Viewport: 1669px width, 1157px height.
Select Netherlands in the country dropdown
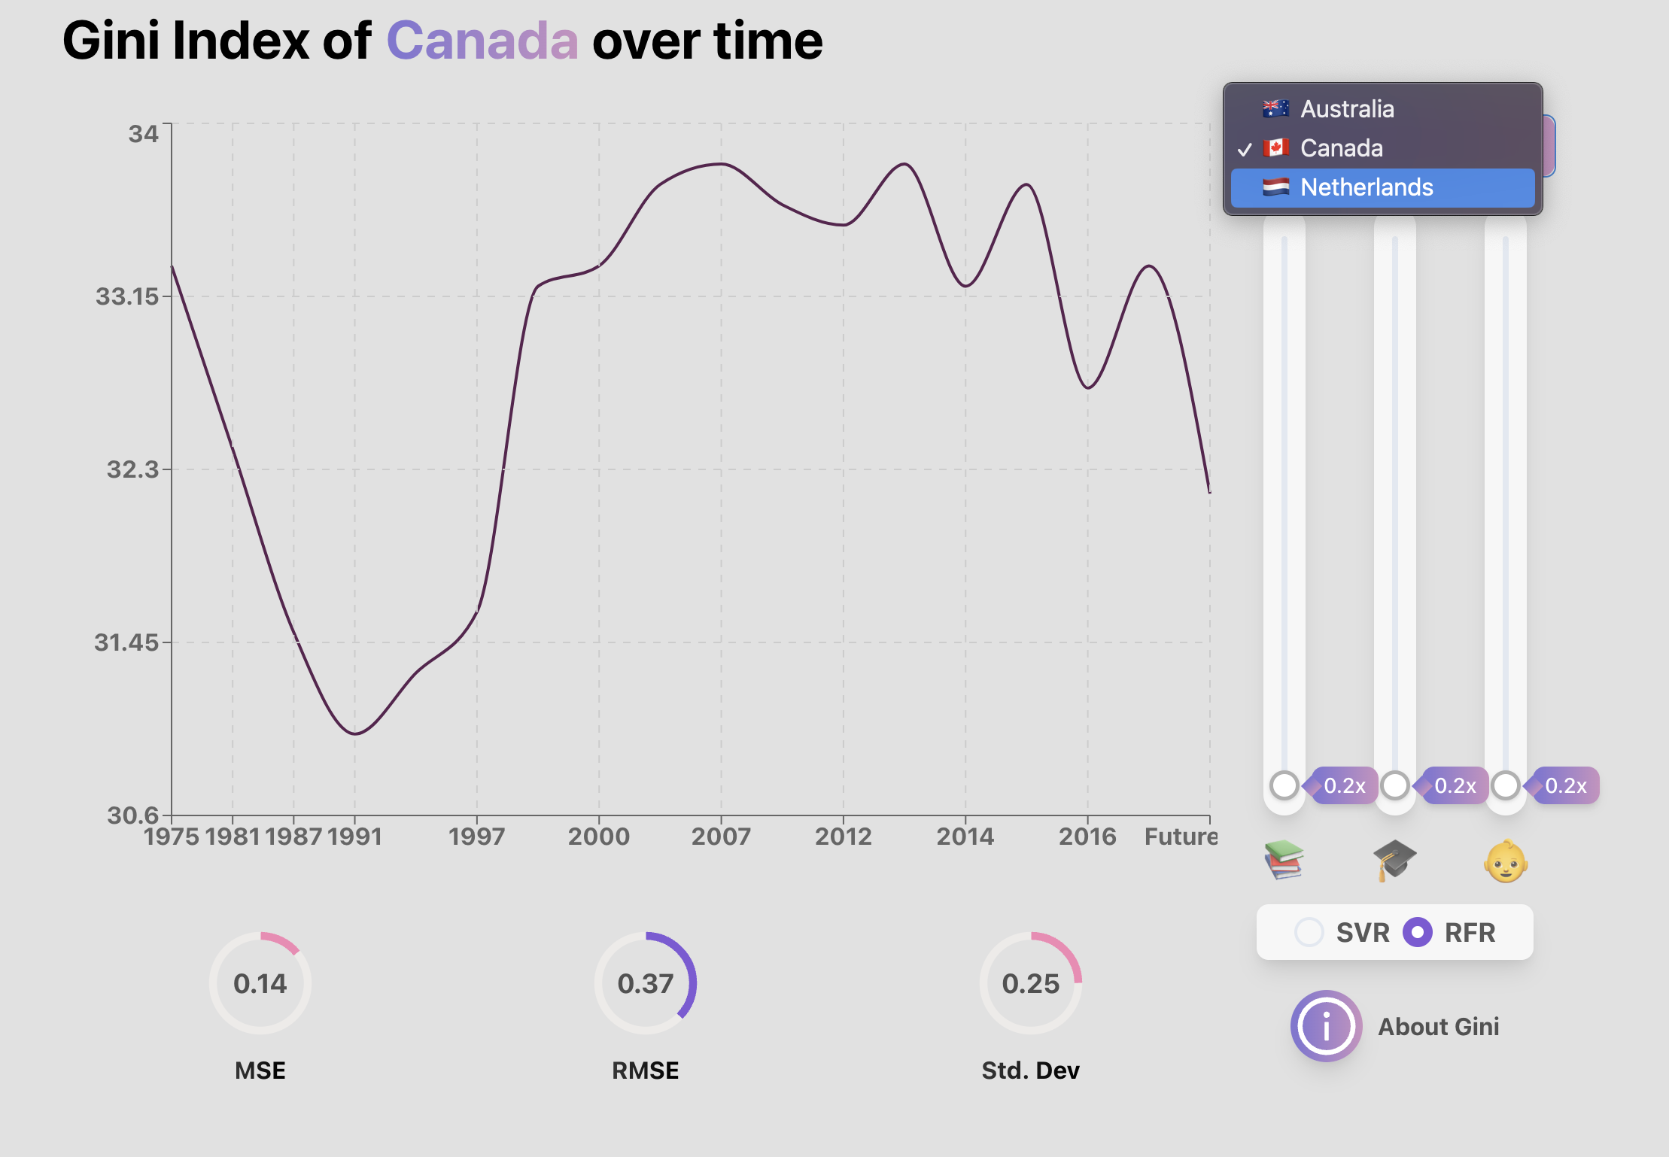tap(1366, 187)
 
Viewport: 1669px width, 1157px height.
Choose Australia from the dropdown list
tap(1346, 109)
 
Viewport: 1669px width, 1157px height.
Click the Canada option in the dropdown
tap(1341, 148)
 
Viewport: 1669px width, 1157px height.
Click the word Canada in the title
tap(482, 41)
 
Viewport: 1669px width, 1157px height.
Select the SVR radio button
tap(1309, 932)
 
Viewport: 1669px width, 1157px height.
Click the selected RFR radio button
tap(1418, 932)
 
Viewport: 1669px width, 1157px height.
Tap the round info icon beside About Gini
tap(1326, 1026)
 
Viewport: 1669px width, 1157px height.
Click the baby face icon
tap(1505, 861)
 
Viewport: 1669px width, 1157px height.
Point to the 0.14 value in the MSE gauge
tap(260, 983)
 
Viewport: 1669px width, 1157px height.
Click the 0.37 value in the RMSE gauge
tap(646, 983)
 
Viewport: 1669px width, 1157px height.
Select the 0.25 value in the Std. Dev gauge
tap(1031, 983)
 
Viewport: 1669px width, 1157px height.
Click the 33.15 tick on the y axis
tap(127, 296)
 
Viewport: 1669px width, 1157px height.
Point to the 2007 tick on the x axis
tap(721, 836)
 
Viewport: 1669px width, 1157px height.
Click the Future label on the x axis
tap(1179, 836)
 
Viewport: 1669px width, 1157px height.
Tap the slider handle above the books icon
tap(1284, 785)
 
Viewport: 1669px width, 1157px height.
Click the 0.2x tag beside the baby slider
tap(1565, 786)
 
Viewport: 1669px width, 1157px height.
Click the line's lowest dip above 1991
tap(354, 733)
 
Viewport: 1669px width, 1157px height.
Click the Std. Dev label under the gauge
tap(1030, 1070)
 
